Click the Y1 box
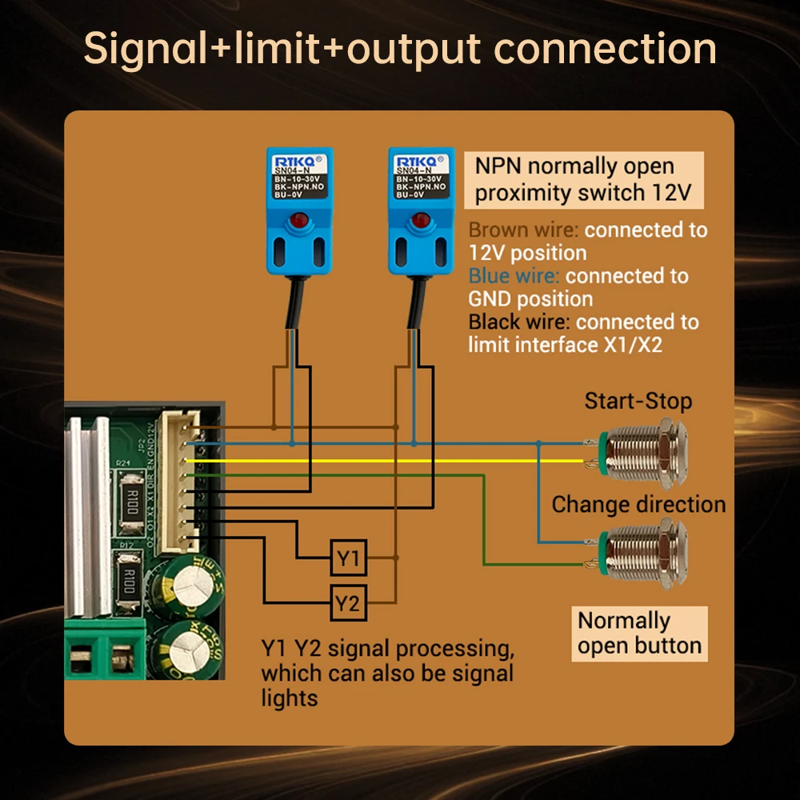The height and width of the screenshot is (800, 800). [x=348, y=558]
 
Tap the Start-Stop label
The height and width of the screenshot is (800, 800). [x=638, y=401]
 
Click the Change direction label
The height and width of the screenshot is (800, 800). [x=638, y=505]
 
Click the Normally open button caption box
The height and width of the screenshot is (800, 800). [x=639, y=633]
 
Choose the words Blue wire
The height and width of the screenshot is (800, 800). [x=514, y=277]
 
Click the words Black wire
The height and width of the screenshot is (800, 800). [x=518, y=322]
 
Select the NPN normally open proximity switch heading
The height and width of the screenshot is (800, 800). [x=583, y=180]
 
